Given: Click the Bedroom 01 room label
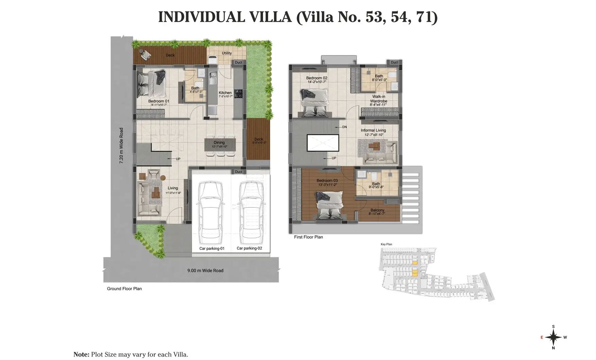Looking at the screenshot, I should [159, 101].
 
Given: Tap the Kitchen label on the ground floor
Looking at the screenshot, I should [225, 93].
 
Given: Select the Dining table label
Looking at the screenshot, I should [219, 143].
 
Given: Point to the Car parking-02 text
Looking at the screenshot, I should [249, 248].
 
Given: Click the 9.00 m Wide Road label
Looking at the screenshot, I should [205, 271].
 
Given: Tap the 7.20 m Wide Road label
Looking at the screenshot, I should [121, 146].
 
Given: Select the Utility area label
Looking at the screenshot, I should [227, 53].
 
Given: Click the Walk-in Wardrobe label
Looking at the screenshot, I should [379, 99].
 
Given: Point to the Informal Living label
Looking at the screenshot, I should [373, 130].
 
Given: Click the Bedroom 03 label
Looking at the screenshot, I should [327, 181].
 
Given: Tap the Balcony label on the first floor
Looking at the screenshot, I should [377, 210].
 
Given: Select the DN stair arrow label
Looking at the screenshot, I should [344, 127].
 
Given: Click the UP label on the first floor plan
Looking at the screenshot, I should [334, 158].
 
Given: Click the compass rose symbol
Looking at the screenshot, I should [554, 338].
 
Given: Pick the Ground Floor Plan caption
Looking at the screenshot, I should [124, 289].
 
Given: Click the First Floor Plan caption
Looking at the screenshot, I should [308, 237].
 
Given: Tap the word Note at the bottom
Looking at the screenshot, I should [81, 355].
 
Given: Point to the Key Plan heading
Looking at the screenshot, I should [386, 244].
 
